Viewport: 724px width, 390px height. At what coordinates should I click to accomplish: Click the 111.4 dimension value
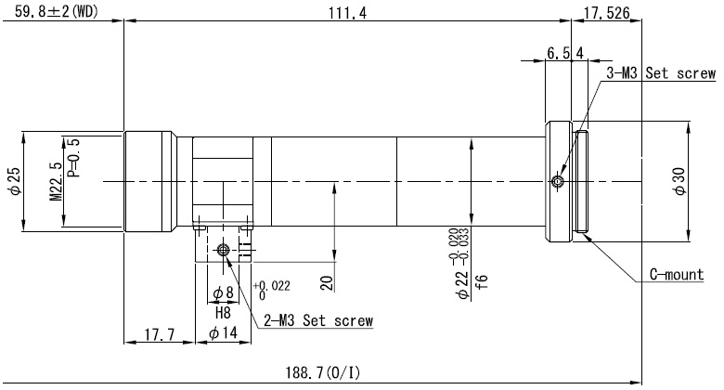pyautogui.click(x=347, y=12)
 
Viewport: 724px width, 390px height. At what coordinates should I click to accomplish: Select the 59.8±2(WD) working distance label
pyautogui.click(x=57, y=11)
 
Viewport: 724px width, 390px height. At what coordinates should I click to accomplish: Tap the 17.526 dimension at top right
pyautogui.click(x=606, y=13)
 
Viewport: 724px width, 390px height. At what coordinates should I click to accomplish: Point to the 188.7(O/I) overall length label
pyautogui.click(x=323, y=372)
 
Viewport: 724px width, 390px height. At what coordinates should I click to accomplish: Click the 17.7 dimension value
pyautogui.click(x=160, y=334)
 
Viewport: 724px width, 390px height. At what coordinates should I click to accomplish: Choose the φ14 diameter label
pyautogui.click(x=223, y=332)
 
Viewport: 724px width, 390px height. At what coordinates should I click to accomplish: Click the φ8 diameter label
pyautogui.click(x=223, y=292)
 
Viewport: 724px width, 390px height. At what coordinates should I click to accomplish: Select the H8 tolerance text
pyautogui.click(x=223, y=313)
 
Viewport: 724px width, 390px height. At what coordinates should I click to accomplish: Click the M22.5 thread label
pyautogui.click(x=56, y=181)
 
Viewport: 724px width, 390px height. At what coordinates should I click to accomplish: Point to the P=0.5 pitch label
pyautogui.click(x=73, y=158)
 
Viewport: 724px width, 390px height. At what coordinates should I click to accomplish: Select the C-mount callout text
pyautogui.click(x=677, y=275)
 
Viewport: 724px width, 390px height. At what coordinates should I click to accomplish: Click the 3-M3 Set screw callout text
pyautogui.click(x=661, y=73)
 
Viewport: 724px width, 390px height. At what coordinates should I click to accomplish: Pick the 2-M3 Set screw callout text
pyautogui.click(x=318, y=320)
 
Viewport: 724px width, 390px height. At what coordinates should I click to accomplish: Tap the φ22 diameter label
pyautogui.click(x=461, y=285)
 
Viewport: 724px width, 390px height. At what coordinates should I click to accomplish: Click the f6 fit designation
pyautogui.click(x=481, y=282)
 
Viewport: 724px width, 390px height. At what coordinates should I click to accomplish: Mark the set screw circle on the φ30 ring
pyautogui.click(x=558, y=181)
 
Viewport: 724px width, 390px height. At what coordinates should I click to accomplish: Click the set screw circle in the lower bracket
pyautogui.click(x=223, y=250)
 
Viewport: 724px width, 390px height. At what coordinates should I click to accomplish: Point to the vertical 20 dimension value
pyautogui.click(x=327, y=283)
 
